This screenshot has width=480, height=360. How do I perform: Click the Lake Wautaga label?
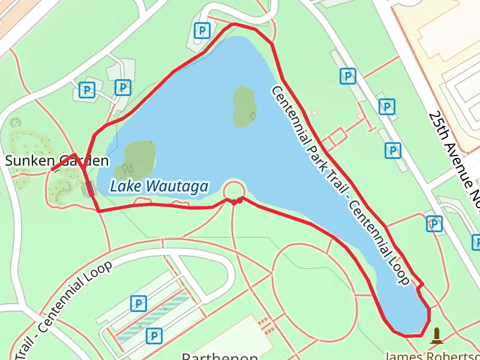[x=159, y=186]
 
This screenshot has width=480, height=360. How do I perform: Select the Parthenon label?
[x=220, y=355]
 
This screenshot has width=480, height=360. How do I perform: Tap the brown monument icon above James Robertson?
[x=436, y=335]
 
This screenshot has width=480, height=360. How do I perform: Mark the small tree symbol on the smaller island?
[x=253, y=115]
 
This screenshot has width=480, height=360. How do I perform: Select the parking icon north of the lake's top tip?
[x=203, y=30]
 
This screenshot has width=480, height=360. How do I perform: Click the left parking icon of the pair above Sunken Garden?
[x=88, y=91]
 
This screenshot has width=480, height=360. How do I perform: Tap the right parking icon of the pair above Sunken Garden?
[x=123, y=88]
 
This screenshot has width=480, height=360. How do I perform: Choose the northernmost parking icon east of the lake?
[x=347, y=76]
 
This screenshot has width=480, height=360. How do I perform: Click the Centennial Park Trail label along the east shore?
[x=340, y=185]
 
